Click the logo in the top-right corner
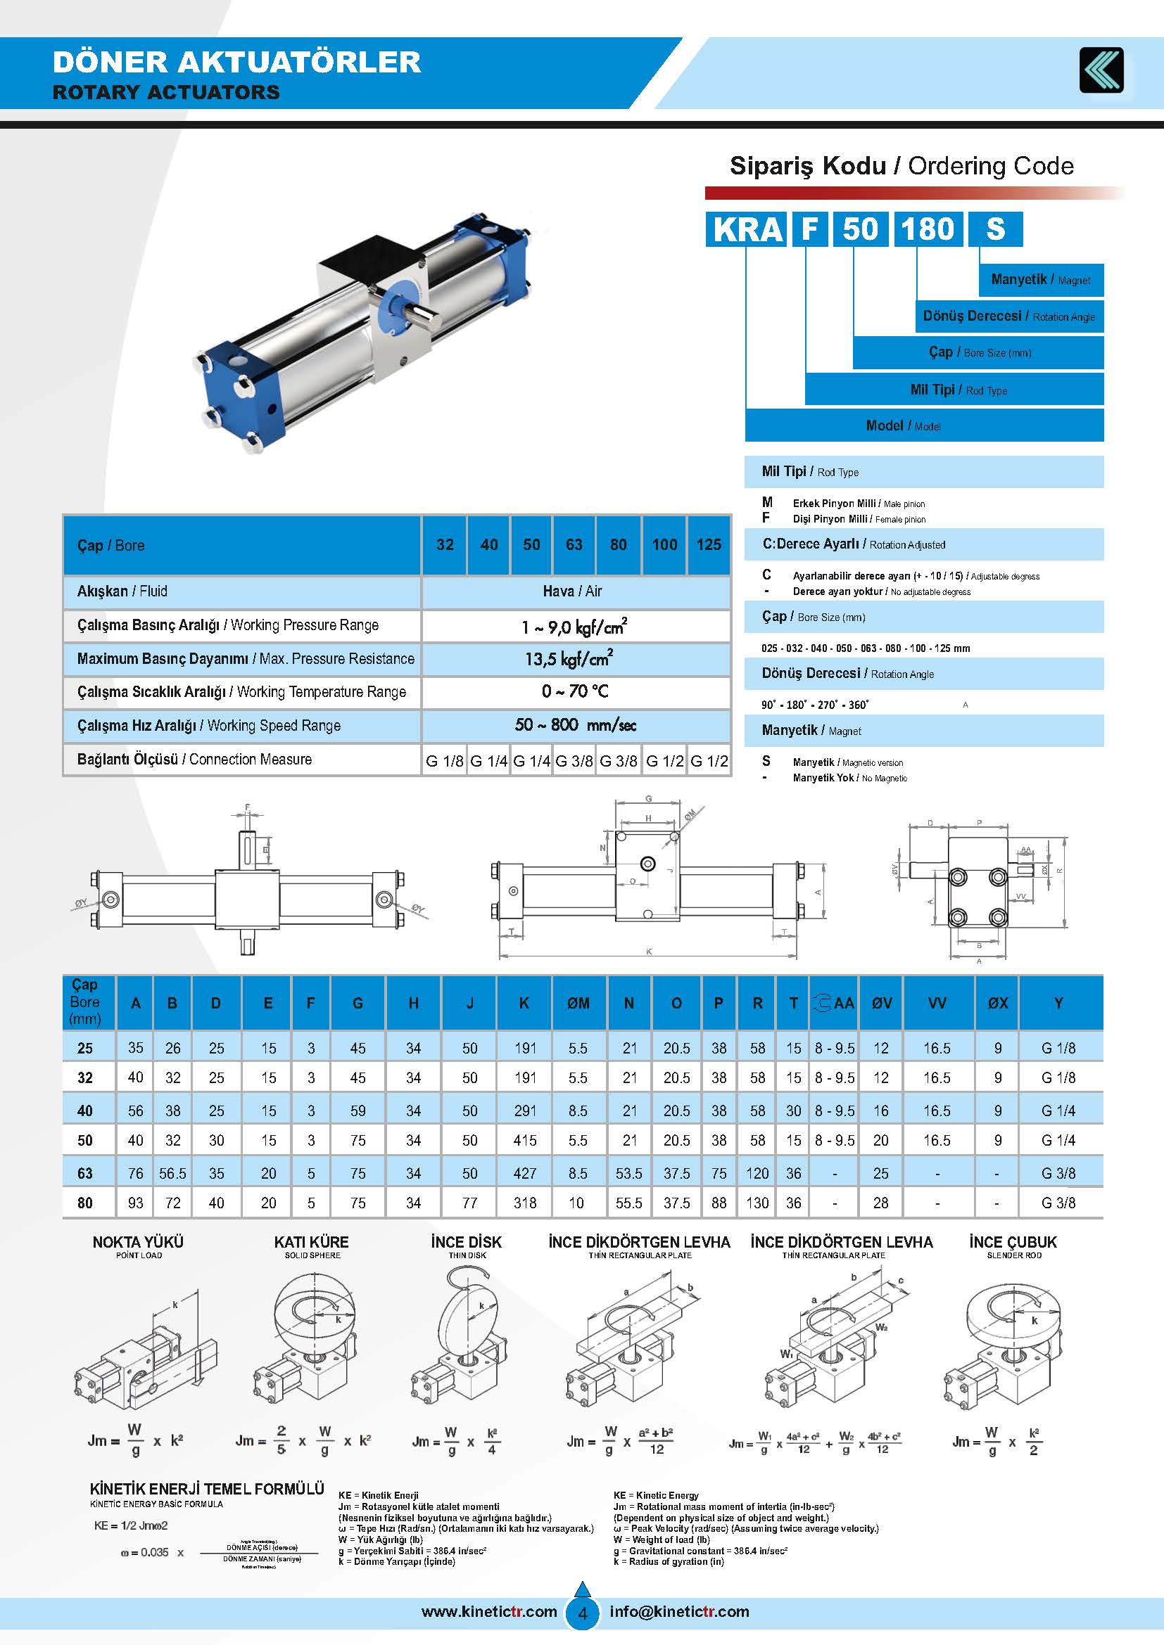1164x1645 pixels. click(1101, 70)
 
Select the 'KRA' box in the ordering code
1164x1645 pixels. click(746, 229)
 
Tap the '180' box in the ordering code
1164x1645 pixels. click(928, 229)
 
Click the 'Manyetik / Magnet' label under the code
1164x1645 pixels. click(1041, 280)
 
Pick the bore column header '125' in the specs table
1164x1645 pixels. click(708, 544)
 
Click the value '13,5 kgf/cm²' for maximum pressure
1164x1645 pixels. click(569, 658)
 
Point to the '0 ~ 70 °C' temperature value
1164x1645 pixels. click(575, 692)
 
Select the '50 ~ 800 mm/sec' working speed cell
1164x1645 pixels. click(575, 725)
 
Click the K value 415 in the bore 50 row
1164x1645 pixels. click(525, 1140)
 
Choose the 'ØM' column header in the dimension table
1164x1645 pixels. click(578, 1003)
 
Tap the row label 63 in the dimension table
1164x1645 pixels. click(84, 1173)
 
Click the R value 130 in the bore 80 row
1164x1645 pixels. click(757, 1203)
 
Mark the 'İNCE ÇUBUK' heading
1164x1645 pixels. click(1013, 1241)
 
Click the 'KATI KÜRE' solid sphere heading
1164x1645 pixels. click(311, 1241)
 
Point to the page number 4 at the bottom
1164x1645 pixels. click(583, 1613)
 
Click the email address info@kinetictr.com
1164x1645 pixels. click(678, 1611)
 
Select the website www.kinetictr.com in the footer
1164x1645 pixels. click(489, 1611)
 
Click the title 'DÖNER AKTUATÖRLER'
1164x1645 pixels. click(236, 63)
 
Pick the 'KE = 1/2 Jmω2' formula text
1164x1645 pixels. click(131, 1525)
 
